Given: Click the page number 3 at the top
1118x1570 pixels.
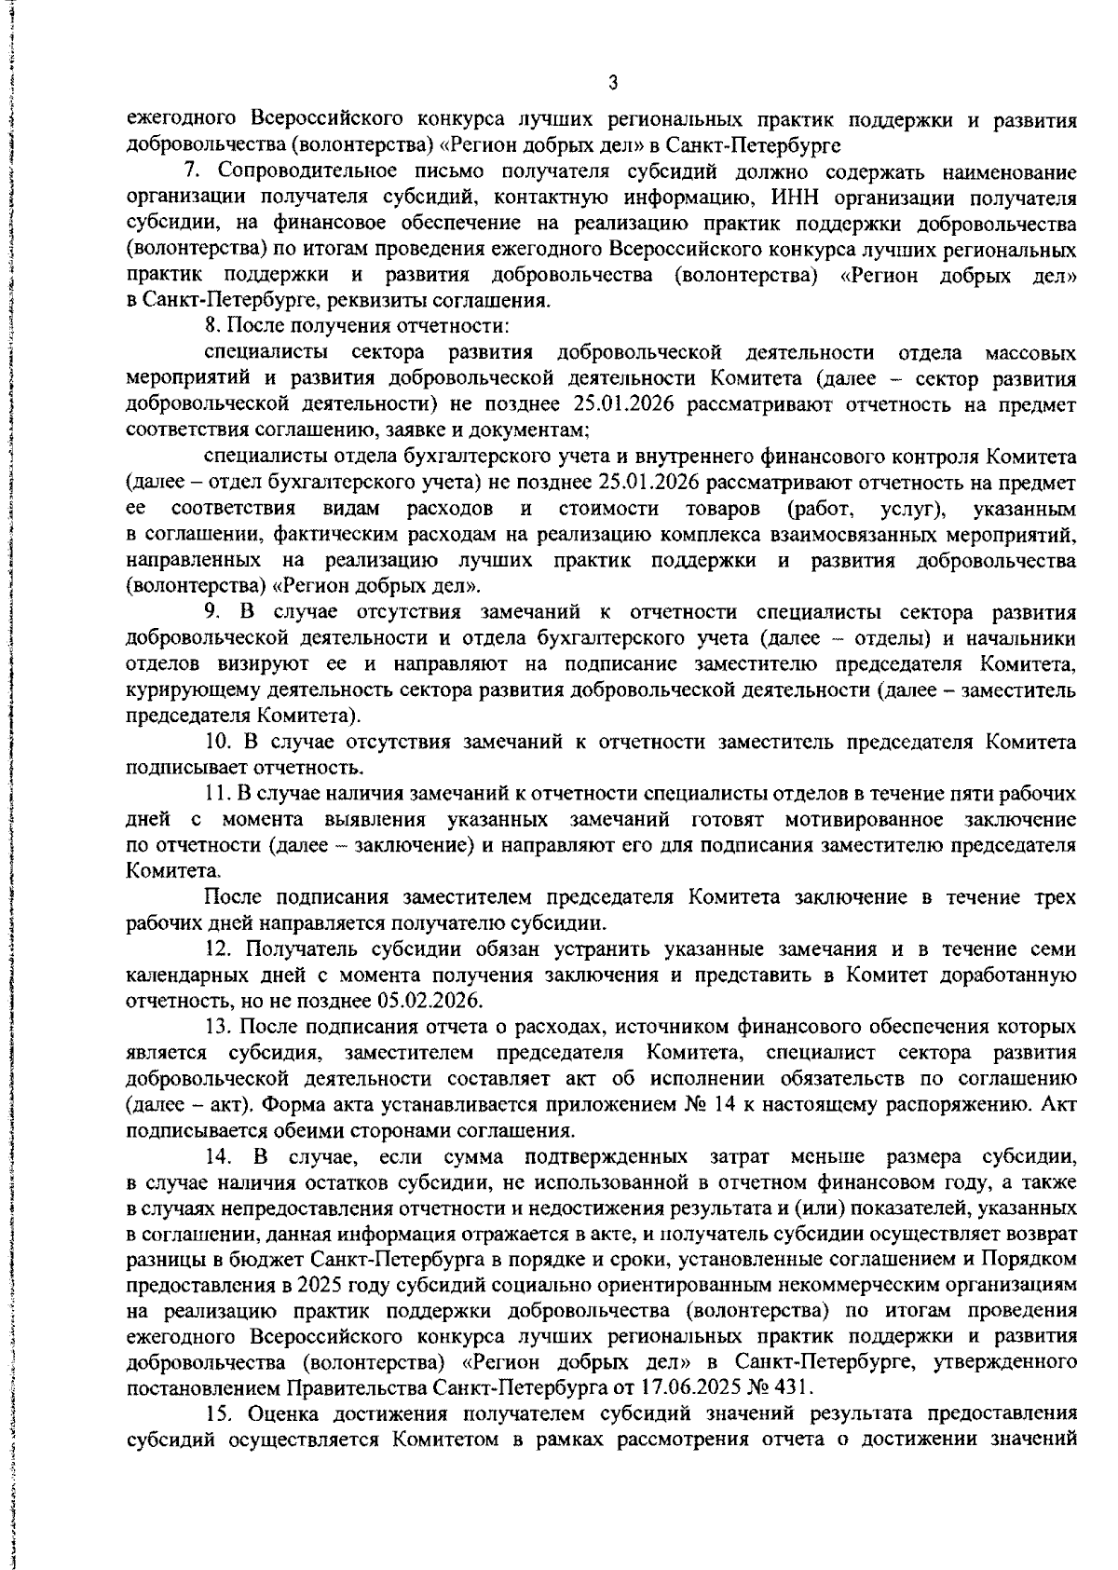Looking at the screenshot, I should coord(612,84).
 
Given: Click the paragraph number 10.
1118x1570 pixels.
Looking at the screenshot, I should coord(217,743).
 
